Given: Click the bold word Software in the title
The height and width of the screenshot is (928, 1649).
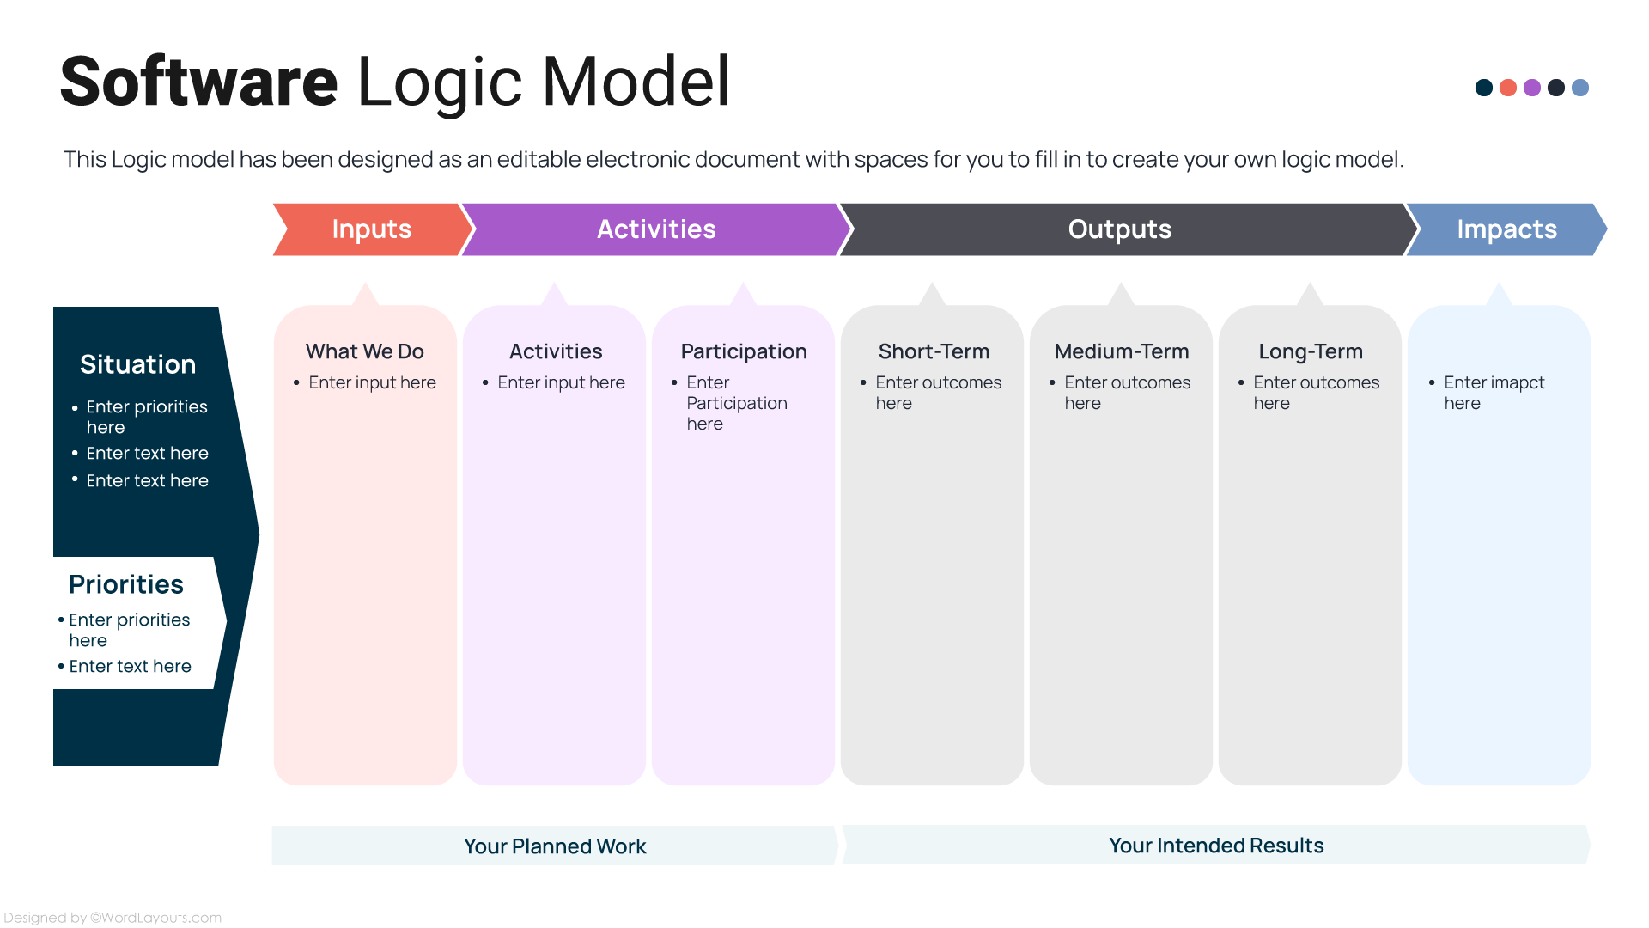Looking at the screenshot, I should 198,82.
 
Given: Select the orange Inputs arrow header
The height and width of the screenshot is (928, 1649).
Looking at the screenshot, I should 371,229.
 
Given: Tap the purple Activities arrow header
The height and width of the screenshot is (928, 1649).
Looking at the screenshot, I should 655,229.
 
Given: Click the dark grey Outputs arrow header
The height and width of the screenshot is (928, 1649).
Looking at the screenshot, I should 1118,229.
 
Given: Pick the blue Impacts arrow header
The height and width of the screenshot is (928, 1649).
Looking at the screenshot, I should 1506,229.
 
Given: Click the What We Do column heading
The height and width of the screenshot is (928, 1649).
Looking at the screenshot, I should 364,351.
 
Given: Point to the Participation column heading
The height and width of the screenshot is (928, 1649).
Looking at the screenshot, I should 743,351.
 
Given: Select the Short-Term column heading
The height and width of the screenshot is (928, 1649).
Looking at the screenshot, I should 933,351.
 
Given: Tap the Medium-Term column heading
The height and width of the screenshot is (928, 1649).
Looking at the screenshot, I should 1121,351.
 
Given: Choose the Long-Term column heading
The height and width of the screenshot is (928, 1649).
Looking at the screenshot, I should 1310,351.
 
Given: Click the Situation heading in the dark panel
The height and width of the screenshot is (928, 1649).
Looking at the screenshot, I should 137,364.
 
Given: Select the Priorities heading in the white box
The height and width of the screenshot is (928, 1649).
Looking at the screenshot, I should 125,584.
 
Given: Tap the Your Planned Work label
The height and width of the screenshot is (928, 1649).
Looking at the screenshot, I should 554,846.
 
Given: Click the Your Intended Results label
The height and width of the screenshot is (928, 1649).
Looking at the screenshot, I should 1215,846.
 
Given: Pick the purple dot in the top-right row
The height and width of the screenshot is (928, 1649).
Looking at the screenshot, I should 1531,88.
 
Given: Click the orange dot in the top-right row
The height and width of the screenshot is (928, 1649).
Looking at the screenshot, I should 1507,88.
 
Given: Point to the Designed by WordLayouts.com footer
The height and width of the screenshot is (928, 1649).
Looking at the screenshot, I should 113,918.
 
